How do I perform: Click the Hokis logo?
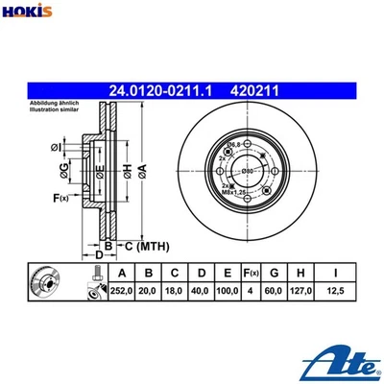pyautogui.click(x=28, y=12)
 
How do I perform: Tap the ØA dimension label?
pyautogui.click(x=142, y=172)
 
